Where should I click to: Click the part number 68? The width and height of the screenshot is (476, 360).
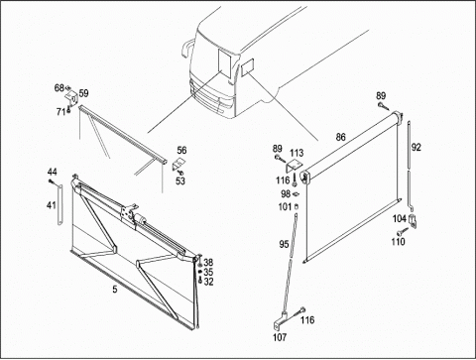pos(59,88)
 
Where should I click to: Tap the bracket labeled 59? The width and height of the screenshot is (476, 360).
pos(71,97)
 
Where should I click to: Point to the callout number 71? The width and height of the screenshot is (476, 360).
pos(60,112)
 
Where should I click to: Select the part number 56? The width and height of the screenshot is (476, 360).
pos(181,151)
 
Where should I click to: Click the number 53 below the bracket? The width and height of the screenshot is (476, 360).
pos(180,181)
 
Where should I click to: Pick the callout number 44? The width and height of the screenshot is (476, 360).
pos(52,172)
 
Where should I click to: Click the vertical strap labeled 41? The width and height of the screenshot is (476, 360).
pos(59,204)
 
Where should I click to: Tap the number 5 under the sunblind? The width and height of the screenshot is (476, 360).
pos(115,290)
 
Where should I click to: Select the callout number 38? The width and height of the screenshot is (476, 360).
pos(208,263)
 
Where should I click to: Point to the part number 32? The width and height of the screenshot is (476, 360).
pos(208,282)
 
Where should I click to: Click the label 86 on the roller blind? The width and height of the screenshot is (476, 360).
pos(340,137)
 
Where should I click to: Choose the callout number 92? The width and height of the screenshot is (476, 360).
pos(416,147)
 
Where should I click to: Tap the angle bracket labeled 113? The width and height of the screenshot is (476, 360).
pos(295,166)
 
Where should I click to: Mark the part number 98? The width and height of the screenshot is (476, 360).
pos(286,193)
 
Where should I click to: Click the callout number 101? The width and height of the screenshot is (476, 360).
pos(285,207)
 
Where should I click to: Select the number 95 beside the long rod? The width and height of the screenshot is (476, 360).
pos(284,244)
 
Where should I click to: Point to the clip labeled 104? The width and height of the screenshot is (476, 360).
pos(414,221)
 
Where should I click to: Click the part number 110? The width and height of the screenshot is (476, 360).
pos(398,242)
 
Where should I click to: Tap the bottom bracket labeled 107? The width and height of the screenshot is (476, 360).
pos(280,321)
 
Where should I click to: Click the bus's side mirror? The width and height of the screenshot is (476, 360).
pos(186,48)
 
